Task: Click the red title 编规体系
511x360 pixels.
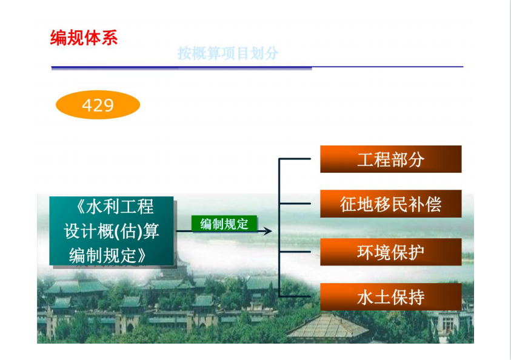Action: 84,38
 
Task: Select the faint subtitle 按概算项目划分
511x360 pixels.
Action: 228,53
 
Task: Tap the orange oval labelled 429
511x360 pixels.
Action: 98,105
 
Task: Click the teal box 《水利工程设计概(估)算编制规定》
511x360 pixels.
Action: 112,231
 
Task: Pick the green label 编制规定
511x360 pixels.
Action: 224,224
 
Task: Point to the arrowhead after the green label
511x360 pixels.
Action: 268,232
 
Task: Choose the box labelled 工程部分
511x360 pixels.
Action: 391,159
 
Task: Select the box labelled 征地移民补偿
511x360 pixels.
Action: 391,204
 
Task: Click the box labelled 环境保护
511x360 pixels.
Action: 391,252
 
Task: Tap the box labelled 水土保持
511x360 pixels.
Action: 391,297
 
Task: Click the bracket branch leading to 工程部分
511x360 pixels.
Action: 295,159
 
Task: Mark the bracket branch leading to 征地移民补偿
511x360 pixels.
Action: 295,204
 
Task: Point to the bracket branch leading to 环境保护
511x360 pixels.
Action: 295,252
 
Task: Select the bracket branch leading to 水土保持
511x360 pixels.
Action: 295,296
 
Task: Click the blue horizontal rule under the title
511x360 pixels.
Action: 257,67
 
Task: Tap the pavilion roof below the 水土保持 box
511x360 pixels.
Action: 327,326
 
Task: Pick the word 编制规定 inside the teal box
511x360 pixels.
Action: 102,256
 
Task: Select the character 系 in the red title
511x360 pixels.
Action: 110,38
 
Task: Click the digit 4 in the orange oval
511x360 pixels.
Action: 87,105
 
